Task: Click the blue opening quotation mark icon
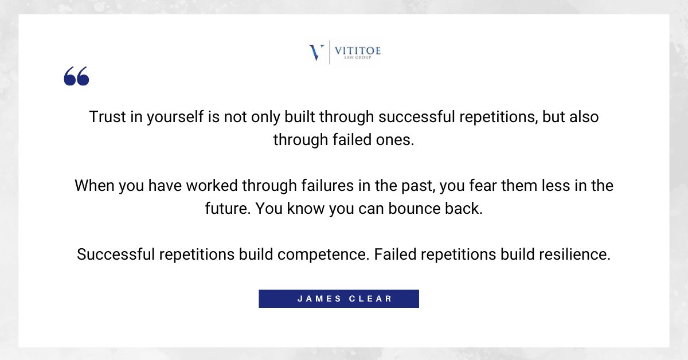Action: pos(76,76)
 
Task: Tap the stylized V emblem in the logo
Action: pos(316,52)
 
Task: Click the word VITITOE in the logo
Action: pos(357,50)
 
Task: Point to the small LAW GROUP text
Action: pos(357,58)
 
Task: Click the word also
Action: pos(581,117)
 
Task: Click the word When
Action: pos(94,186)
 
